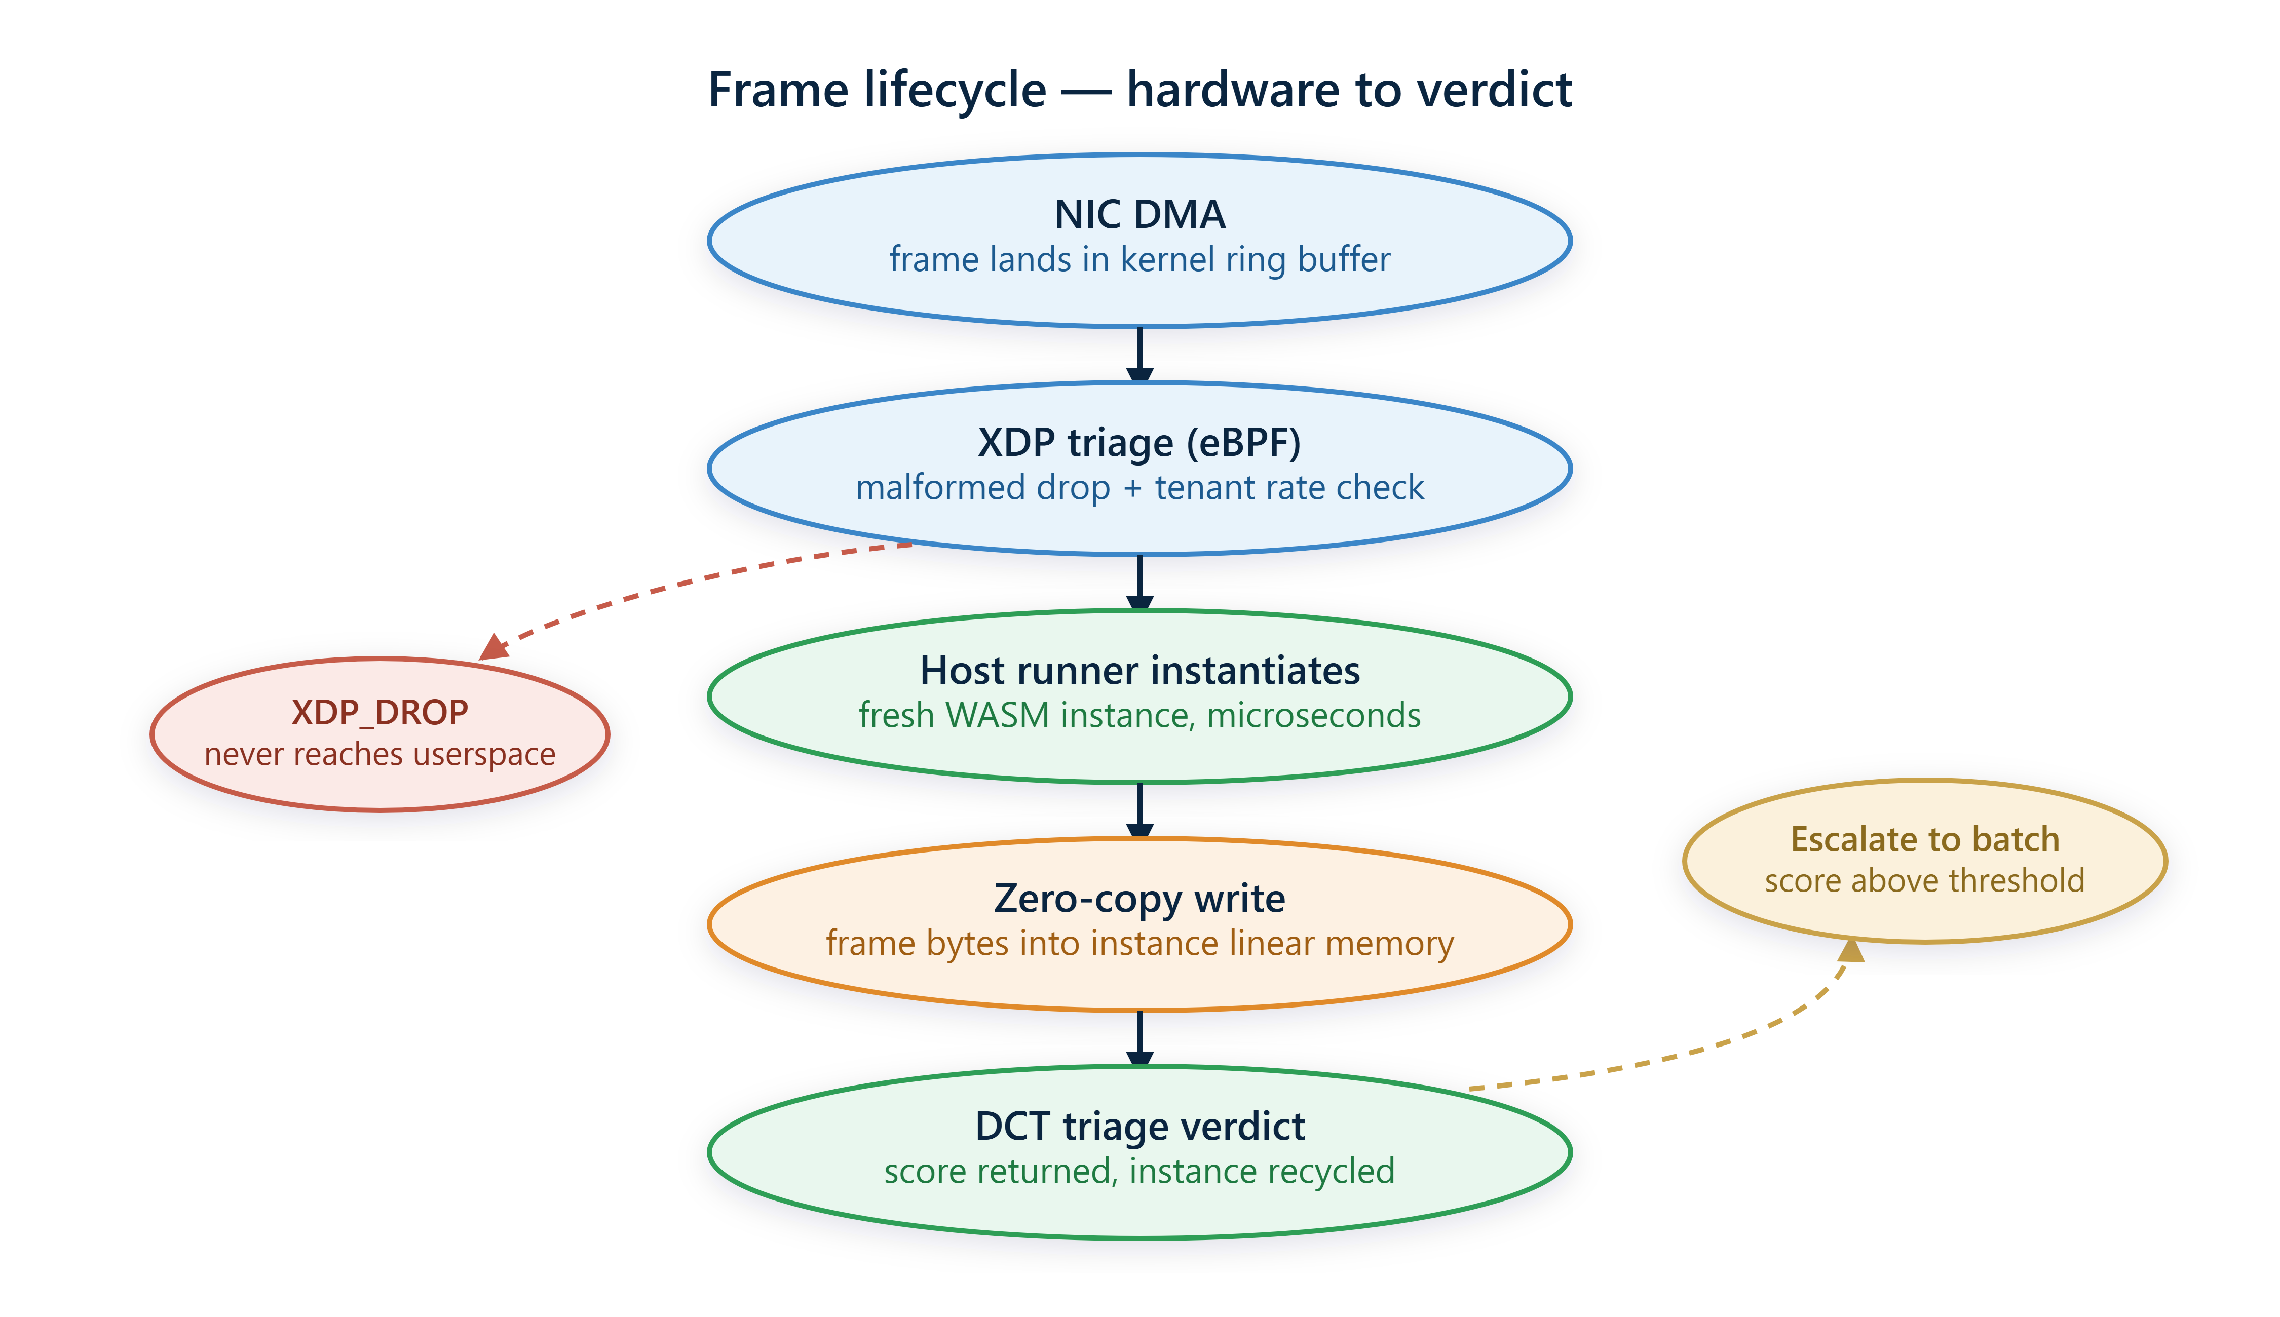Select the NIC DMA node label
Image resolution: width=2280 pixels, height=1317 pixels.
point(1140,214)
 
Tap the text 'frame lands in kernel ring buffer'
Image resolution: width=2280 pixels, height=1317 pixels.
point(1140,259)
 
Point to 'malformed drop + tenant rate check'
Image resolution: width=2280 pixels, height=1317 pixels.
point(1140,487)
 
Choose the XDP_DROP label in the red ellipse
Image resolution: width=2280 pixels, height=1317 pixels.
point(380,713)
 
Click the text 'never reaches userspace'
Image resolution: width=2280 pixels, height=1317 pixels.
point(380,754)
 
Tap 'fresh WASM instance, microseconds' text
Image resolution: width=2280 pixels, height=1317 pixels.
point(1140,715)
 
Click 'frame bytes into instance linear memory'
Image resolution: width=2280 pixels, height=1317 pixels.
point(1140,943)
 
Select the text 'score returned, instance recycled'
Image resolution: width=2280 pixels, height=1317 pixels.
point(1140,1171)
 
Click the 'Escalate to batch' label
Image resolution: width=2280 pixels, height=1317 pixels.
point(1925,839)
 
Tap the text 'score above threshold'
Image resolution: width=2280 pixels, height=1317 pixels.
point(1925,881)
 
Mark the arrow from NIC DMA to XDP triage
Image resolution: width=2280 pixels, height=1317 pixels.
point(1140,355)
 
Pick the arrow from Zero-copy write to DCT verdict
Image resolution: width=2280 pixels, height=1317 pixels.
point(1140,1038)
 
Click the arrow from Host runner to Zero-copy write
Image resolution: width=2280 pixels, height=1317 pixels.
point(1140,810)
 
